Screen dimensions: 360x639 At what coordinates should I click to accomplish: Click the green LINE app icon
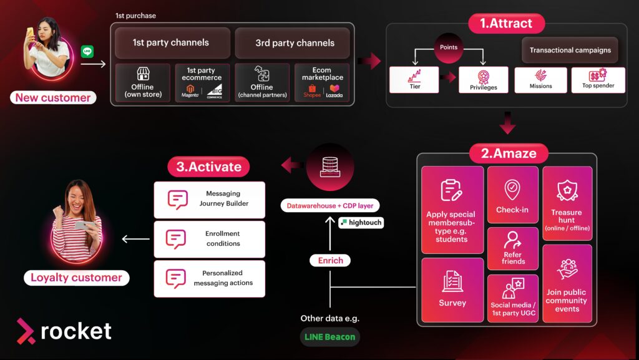click(x=87, y=51)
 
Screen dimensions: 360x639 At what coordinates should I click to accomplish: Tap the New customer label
click(x=53, y=97)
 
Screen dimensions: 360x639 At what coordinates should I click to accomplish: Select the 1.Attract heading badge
click(x=507, y=24)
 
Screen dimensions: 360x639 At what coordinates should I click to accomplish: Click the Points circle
click(x=449, y=47)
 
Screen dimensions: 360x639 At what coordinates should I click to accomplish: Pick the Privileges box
click(x=484, y=79)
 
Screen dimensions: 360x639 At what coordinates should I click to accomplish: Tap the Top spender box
click(x=598, y=80)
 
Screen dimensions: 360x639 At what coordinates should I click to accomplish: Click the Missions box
click(x=540, y=80)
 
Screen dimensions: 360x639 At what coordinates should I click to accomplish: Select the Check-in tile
click(x=512, y=194)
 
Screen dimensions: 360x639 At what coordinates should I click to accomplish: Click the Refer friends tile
click(x=513, y=248)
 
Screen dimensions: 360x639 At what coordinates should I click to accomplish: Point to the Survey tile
click(x=452, y=289)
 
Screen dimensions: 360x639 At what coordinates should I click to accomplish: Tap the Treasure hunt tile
click(x=567, y=203)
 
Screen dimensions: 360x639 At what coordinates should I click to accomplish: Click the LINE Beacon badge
click(x=329, y=337)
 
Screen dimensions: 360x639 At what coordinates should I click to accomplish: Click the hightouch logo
click(x=361, y=222)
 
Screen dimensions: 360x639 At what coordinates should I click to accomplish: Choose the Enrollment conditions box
click(x=210, y=239)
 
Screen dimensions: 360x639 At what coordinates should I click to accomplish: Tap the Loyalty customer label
click(x=76, y=278)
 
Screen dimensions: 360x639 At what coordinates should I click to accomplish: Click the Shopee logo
click(x=312, y=92)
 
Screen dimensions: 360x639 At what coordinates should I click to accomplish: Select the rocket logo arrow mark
click(x=26, y=331)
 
